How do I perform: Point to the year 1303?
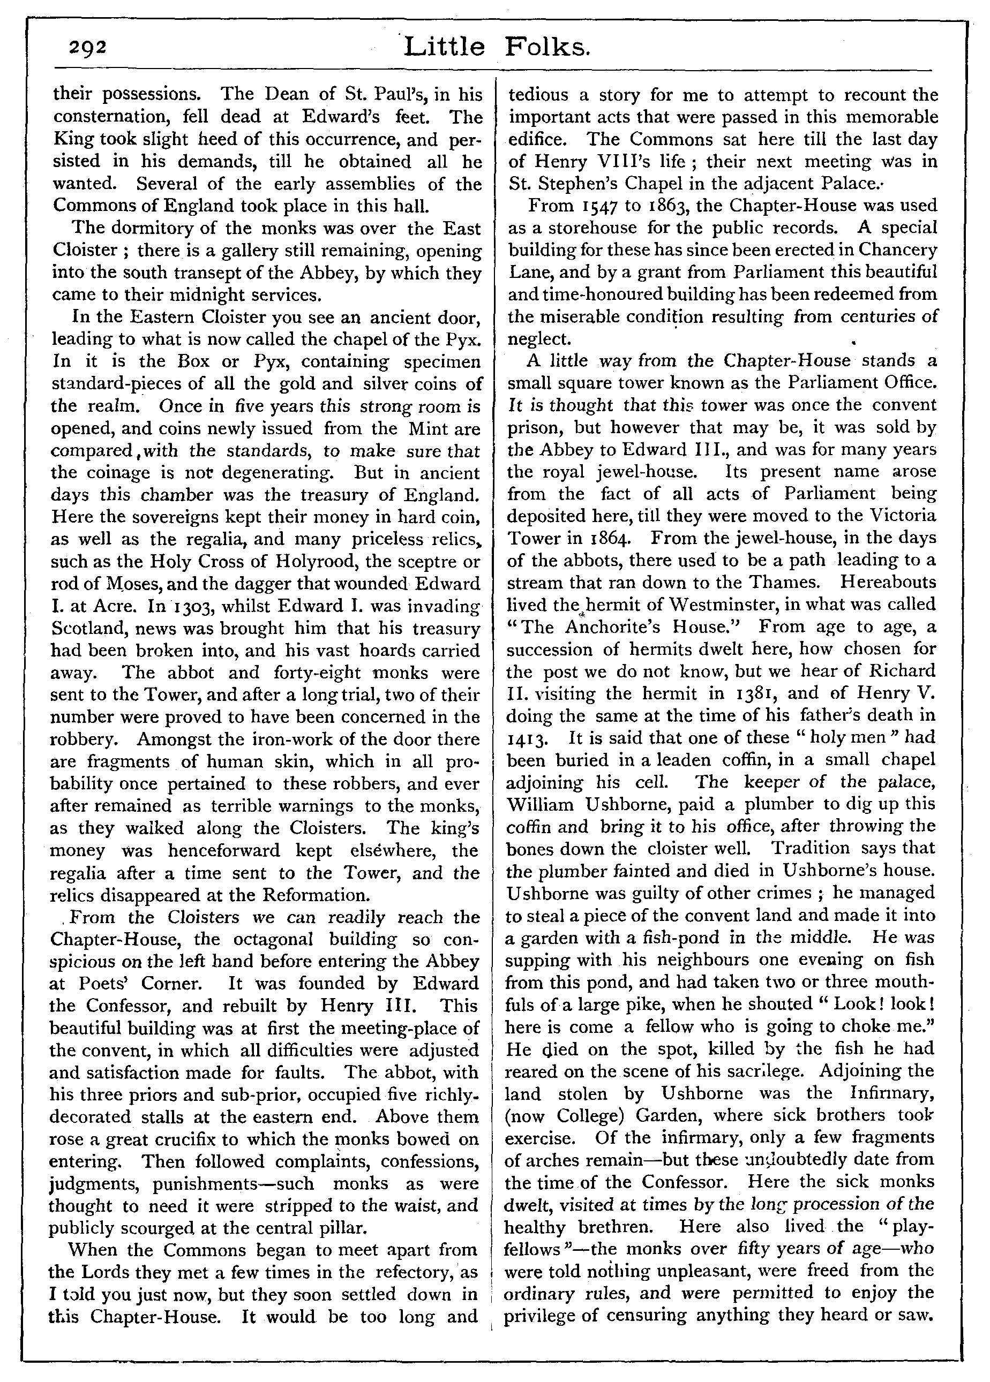tap(184, 607)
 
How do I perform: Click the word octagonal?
tap(283, 939)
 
